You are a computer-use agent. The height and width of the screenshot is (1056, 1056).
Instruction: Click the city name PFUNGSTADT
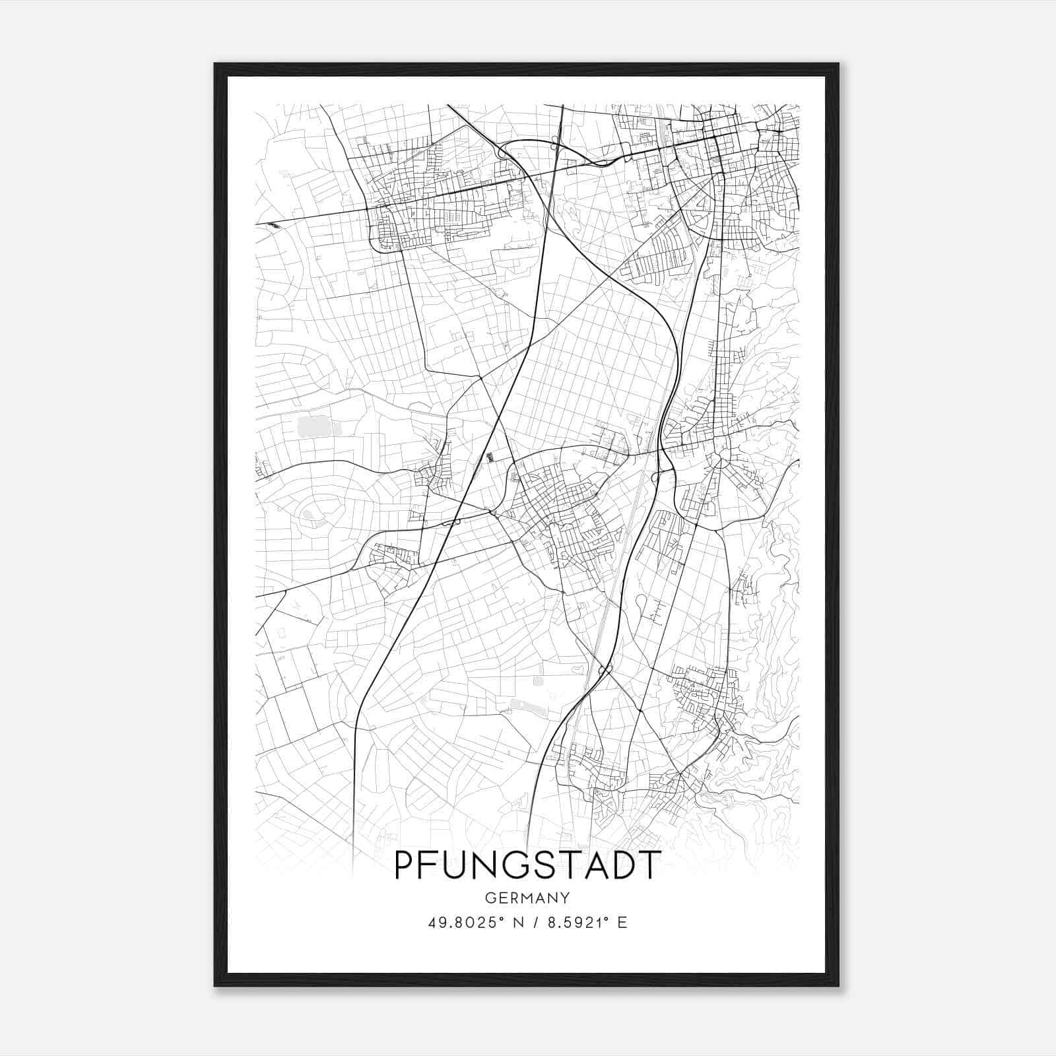point(527,865)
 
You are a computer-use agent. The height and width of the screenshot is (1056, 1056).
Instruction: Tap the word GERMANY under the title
point(527,898)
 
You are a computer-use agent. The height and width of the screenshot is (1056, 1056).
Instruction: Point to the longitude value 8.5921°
point(574,923)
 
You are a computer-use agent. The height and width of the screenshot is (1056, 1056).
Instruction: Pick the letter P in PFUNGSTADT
point(403,865)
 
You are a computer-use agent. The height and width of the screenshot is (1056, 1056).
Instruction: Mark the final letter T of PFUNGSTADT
point(649,865)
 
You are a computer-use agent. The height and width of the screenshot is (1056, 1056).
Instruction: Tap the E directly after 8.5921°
point(622,923)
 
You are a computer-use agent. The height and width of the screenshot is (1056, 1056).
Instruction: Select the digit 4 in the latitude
point(432,923)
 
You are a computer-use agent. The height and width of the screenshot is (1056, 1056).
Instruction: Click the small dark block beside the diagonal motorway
point(489,457)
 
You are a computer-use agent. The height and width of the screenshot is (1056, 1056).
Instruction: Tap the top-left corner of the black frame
point(215,64)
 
